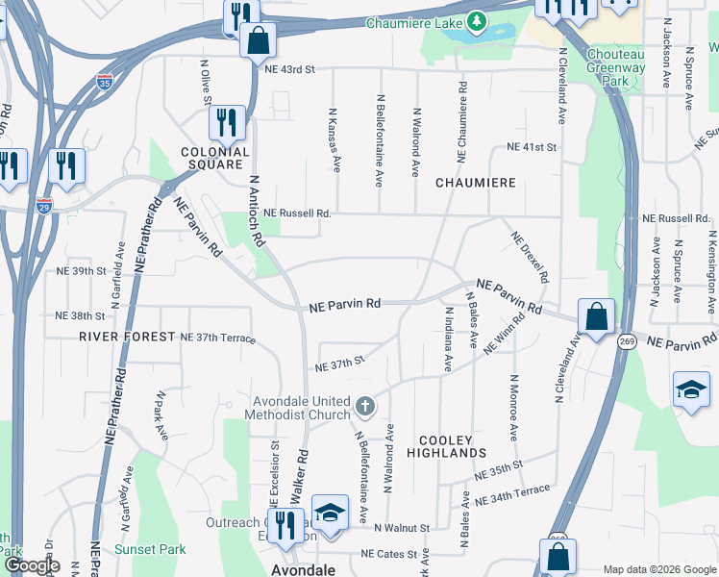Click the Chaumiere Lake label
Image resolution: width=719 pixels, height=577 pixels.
(x=413, y=21)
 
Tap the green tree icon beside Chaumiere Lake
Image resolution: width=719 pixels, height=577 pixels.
(x=476, y=22)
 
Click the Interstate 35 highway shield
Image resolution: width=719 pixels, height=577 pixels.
(x=104, y=83)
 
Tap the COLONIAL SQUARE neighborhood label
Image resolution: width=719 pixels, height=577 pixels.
(x=215, y=158)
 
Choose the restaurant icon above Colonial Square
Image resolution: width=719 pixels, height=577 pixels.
(x=227, y=122)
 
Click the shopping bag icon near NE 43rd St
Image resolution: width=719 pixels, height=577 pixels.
(x=258, y=40)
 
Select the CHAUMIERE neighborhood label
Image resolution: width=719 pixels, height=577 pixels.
(x=476, y=182)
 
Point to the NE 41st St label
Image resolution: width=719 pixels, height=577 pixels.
(x=532, y=147)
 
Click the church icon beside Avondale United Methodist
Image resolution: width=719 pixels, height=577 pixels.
(x=364, y=408)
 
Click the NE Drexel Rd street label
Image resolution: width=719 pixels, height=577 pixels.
(x=530, y=256)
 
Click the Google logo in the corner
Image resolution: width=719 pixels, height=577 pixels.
(x=33, y=566)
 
